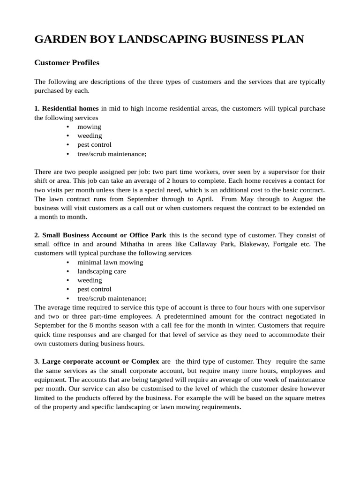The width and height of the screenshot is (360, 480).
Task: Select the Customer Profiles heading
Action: [67, 62]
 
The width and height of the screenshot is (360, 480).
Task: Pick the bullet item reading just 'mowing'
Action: [89, 127]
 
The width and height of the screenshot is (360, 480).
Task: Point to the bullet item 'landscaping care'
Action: [102, 271]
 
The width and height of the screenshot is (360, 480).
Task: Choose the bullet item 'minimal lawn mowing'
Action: [110, 262]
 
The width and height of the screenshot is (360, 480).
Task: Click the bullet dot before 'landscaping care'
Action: [68, 271]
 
